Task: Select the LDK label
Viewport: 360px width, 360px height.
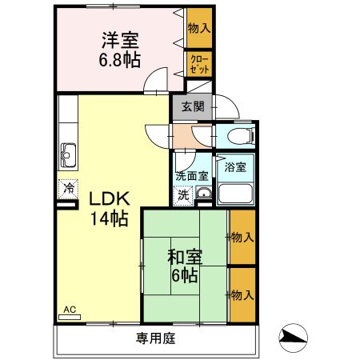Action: pos(107,198)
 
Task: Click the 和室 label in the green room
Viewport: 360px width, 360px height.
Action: pos(185,258)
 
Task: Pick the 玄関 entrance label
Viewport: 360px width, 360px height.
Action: pos(192,106)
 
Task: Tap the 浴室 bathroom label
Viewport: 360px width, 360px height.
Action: pos(235,167)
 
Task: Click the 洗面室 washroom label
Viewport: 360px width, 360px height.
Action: pos(192,176)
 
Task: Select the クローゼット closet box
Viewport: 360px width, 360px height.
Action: pos(198,64)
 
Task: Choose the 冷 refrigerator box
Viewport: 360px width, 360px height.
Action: pos(67,189)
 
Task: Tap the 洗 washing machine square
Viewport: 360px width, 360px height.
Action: pos(183,194)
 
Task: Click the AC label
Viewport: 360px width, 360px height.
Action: pos(70,310)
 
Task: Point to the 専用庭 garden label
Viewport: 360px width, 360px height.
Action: pos(155,338)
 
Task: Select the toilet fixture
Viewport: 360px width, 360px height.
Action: pos(241,135)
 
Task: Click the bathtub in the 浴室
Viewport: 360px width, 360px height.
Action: pos(237,194)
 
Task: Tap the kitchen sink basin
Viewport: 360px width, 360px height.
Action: pos(67,151)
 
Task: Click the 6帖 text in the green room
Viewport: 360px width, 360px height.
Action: pos(185,276)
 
